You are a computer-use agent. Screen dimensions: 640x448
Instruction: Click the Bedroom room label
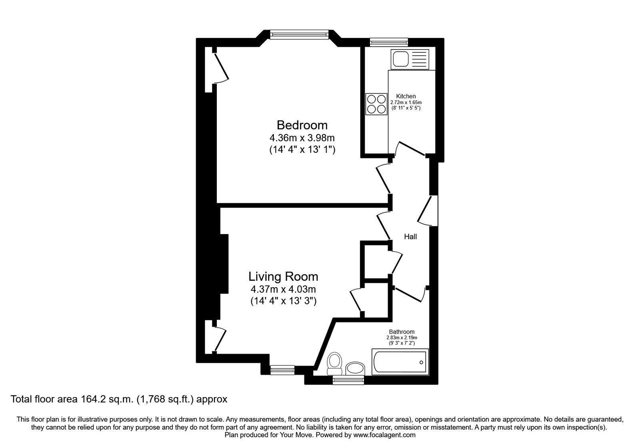click(x=302, y=125)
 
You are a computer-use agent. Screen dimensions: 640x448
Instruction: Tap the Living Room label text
click(x=283, y=276)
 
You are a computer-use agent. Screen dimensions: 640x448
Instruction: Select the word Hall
click(x=410, y=236)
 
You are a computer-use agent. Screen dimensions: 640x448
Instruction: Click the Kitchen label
click(x=406, y=96)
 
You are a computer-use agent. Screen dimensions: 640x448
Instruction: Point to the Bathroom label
click(x=402, y=332)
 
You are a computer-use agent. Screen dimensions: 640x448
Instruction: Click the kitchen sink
click(x=410, y=59)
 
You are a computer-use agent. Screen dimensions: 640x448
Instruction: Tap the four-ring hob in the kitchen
click(x=376, y=104)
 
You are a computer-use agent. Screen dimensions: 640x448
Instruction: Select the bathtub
click(x=400, y=362)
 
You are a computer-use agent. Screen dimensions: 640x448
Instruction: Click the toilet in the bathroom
click(x=334, y=364)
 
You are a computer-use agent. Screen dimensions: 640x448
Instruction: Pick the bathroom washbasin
click(x=355, y=368)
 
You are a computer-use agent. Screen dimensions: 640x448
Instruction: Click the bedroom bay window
click(x=300, y=34)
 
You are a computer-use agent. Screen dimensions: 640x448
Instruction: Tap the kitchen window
click(x=388, y=42)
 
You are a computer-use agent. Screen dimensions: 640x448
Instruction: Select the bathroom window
click(x=348, y=380)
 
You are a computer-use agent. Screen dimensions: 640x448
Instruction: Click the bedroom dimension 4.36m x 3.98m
click(x=302, y=138)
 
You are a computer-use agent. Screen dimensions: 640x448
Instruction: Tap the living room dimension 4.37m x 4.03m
click(x=283, y=290)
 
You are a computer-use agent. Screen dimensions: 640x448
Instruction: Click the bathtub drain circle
click(x=421, y=362)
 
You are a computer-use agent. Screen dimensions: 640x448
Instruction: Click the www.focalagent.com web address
click(x=384, y=435)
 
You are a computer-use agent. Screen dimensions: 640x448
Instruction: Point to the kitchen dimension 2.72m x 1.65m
click(x=406, y=102)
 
